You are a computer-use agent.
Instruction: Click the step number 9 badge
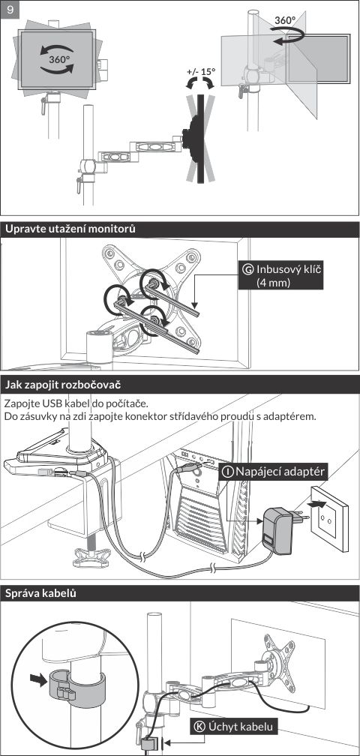(x=10, y=10)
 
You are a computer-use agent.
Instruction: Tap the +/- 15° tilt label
(x=201, y=71)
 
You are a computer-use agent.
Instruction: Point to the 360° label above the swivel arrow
(x=285, y=20)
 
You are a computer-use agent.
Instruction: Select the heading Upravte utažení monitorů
(x=70, y=229)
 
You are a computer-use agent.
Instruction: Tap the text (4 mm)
(x=274, y=282)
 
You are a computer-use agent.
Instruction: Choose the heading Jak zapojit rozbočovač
(x=63, y=385)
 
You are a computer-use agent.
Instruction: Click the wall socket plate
(x=330, y=518)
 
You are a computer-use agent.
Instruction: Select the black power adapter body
(x=277, y=529)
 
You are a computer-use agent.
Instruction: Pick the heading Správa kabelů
(x=40, y=594)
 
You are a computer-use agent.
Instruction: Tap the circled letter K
(x=199, y=727)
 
